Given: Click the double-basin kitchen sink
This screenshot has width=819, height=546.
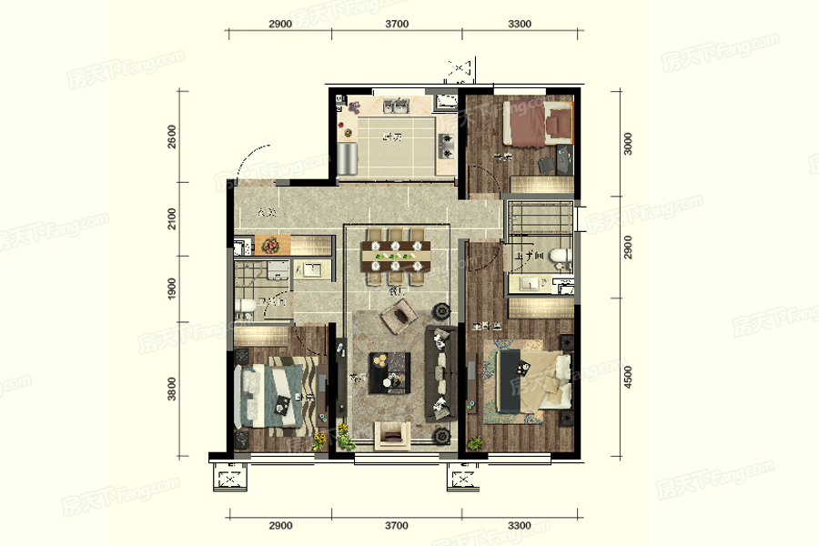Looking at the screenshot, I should click(395, 106).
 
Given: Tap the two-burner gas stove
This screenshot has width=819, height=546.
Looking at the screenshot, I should click(446, 141).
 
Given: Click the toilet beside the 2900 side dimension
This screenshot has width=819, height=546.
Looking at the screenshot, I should click(561, 257).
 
